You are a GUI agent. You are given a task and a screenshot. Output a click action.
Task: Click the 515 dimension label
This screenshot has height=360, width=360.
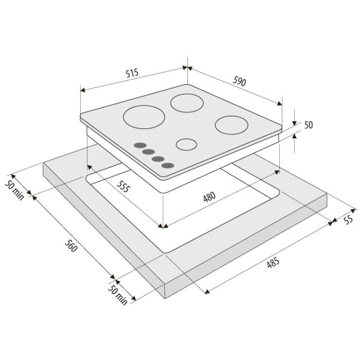click(132, 73)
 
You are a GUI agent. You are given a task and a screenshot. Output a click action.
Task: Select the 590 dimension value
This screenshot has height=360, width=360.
click(239, 81)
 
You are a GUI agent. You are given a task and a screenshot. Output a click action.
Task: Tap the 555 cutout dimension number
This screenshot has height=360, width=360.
click(124, 186)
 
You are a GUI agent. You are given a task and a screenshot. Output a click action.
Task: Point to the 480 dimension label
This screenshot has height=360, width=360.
click(209, 197)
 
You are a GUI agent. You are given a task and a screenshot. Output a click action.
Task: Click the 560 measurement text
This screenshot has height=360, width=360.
click(70, 246)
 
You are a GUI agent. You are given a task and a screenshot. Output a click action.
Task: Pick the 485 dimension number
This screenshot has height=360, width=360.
click(273, 263)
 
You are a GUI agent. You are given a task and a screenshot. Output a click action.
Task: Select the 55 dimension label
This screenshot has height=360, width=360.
click(348, 220)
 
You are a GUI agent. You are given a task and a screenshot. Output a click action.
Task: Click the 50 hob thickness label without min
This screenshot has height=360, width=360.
click(308, 125)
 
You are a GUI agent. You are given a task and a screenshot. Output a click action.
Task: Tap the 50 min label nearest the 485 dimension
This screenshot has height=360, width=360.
click(117, 295)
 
